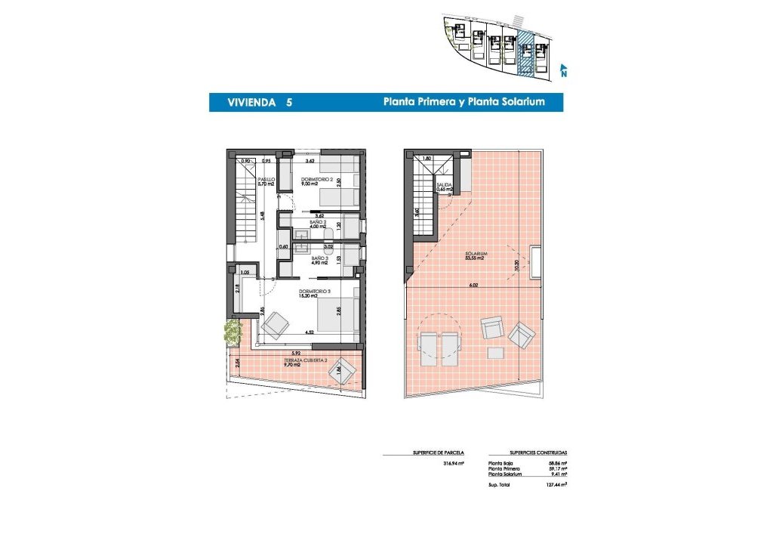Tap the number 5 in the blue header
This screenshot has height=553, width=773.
point(289,102)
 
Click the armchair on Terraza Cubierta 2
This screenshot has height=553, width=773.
point(343,368)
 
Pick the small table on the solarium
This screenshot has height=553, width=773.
point(497,352)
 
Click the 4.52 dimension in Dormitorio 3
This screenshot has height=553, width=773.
point(310,332)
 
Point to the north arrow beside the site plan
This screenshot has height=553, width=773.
point(563,71)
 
